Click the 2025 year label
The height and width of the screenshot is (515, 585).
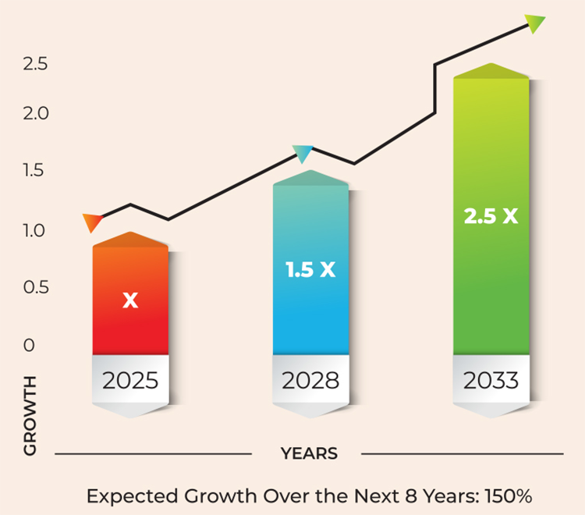point(130,381)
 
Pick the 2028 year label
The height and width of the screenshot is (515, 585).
point(310,381)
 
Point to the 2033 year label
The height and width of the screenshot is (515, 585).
point(491,381)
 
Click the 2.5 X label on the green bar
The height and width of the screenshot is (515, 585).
point(491,216)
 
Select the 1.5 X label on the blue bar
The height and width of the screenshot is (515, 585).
point(310,270)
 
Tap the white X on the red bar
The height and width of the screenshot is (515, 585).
point(130,300)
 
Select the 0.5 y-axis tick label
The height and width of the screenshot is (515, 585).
point(36,287)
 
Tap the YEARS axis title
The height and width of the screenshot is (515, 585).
point(309,453)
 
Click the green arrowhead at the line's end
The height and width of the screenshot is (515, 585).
point(535,23)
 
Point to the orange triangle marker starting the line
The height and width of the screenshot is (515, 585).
point(91,222)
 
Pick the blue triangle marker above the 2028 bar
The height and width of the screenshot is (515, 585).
point(302,153)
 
